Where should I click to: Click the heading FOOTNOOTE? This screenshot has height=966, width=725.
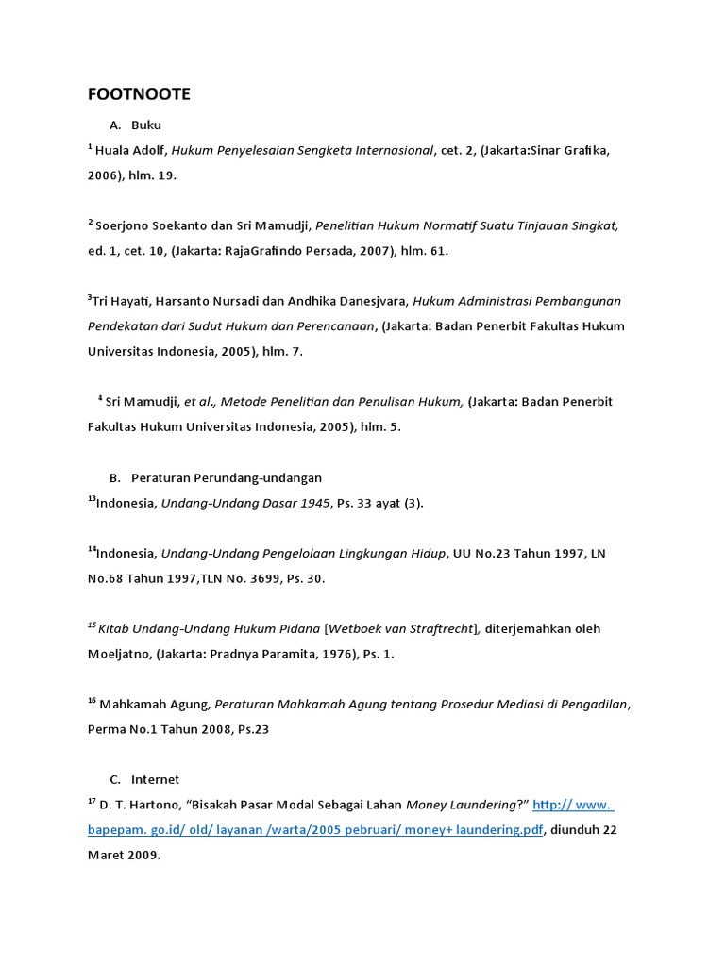click(139, 94)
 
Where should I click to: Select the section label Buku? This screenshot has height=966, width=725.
click(146, 125)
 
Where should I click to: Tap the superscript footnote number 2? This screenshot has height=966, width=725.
click(91, 223)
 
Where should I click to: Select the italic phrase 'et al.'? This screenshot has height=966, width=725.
click(202, 401)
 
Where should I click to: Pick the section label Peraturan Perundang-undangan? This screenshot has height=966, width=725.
click(233, 478)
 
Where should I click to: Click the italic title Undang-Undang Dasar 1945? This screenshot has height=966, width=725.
click(245, 503)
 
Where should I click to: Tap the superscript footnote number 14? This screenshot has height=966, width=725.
click(92, 549)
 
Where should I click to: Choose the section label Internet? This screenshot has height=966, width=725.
click(156, 780)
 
